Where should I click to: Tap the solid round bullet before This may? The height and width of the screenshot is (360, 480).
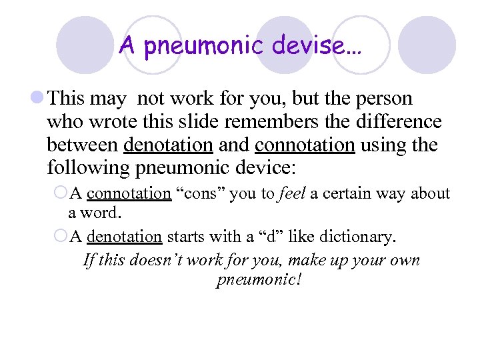[x=38, y=99]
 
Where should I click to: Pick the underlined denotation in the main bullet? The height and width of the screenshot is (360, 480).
[x=168, y=144]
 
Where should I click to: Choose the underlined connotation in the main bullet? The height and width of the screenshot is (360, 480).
[x=305, y=144]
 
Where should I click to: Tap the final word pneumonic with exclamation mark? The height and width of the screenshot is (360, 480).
[x=259, y=279]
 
